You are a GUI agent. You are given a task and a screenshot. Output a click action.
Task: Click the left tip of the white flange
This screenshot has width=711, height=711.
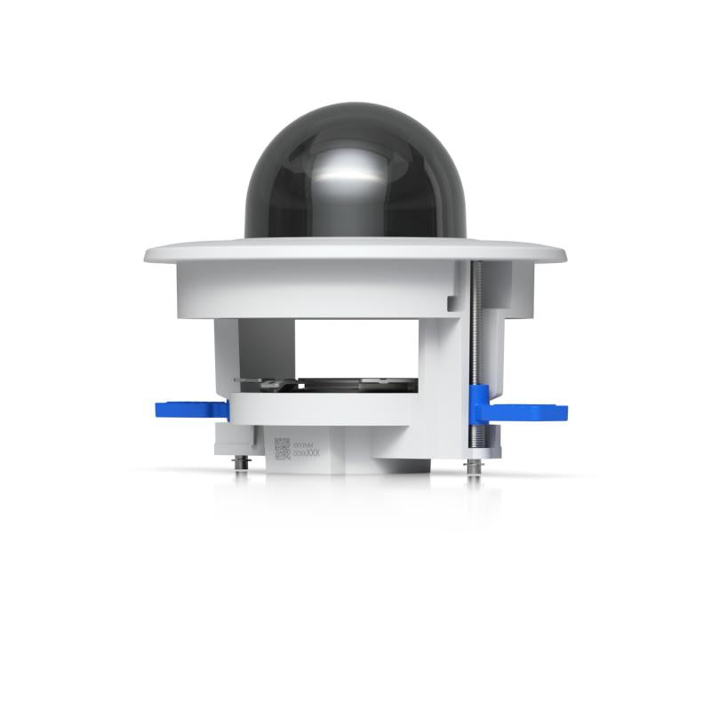148,255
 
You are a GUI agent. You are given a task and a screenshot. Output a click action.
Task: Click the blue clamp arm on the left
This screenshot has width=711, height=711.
189,409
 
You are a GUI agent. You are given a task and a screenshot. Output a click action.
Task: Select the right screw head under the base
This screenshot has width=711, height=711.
475,465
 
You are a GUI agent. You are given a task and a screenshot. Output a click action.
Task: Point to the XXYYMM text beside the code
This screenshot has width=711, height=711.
305,443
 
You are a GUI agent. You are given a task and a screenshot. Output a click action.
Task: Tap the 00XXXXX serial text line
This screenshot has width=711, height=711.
306,452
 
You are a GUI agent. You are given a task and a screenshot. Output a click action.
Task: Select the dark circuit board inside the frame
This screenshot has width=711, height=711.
355,386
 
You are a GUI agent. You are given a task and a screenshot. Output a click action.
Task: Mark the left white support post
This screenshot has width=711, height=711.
227,355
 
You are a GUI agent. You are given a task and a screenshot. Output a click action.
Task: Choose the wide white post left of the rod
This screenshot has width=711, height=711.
443,364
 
